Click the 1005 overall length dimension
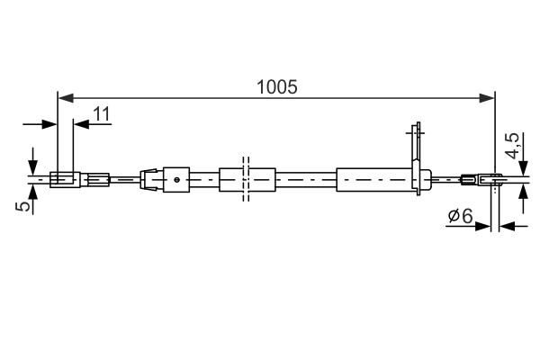[276, 87]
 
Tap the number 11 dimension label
[101, 114]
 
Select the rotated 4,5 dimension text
[513, 146]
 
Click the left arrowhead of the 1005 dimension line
[63, 96]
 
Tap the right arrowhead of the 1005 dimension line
[490, 96]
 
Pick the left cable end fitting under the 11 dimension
[64, 179]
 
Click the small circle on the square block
[178, 179]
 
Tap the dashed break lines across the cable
[245, 179]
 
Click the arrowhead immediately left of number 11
[79, 124]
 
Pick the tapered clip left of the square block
[150, 179]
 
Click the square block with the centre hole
[176, 179]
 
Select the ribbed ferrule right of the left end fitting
[97, 179]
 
